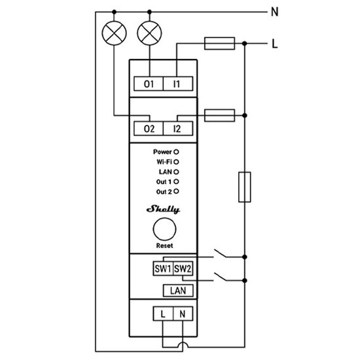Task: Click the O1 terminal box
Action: pos(150,84)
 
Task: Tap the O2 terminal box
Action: pos(150,129)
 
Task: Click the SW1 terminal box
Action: pos(163,268)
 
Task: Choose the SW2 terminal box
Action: pos(183,268)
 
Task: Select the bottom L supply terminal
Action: pos(163,315)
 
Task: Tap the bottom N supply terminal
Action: pos(183,315)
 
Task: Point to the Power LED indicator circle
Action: pos(177,151)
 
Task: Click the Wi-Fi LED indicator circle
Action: pos(177,161)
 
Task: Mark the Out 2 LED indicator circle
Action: pos(177,191)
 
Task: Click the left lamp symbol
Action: pos(115,33)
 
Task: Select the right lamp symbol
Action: pos(151,33)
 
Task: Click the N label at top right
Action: pos(274,11)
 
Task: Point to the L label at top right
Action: pos(274,44)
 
